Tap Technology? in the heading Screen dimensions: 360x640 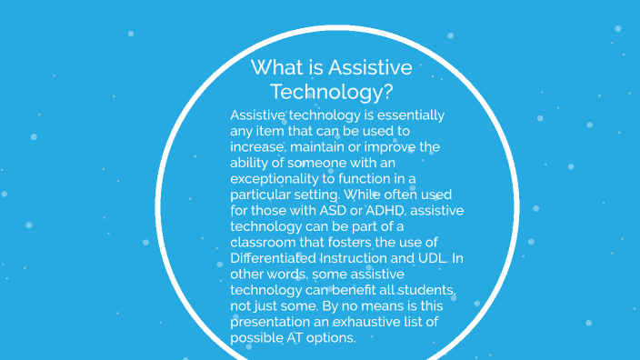[x=332, y=92]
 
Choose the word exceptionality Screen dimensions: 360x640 [x=281, y=179]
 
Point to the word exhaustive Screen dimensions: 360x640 [x=379, y=322]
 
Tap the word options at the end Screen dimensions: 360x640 [x=335, y=337]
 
